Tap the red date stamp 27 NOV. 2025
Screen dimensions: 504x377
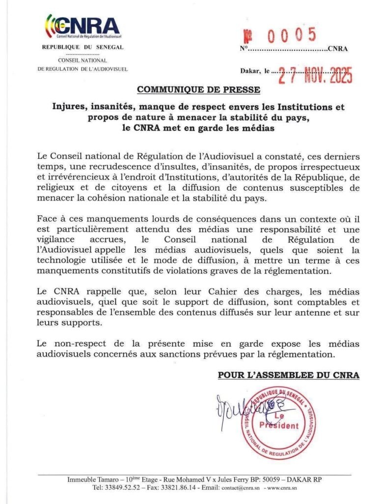[x=314, y=76]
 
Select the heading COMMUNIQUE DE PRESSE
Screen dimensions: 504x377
[x=199, y=89]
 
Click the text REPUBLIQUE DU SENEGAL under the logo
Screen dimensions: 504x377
[x=82, y=47]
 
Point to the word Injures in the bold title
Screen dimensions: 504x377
[x=70, y=107]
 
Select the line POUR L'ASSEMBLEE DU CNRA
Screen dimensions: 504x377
[x=289, y=375]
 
